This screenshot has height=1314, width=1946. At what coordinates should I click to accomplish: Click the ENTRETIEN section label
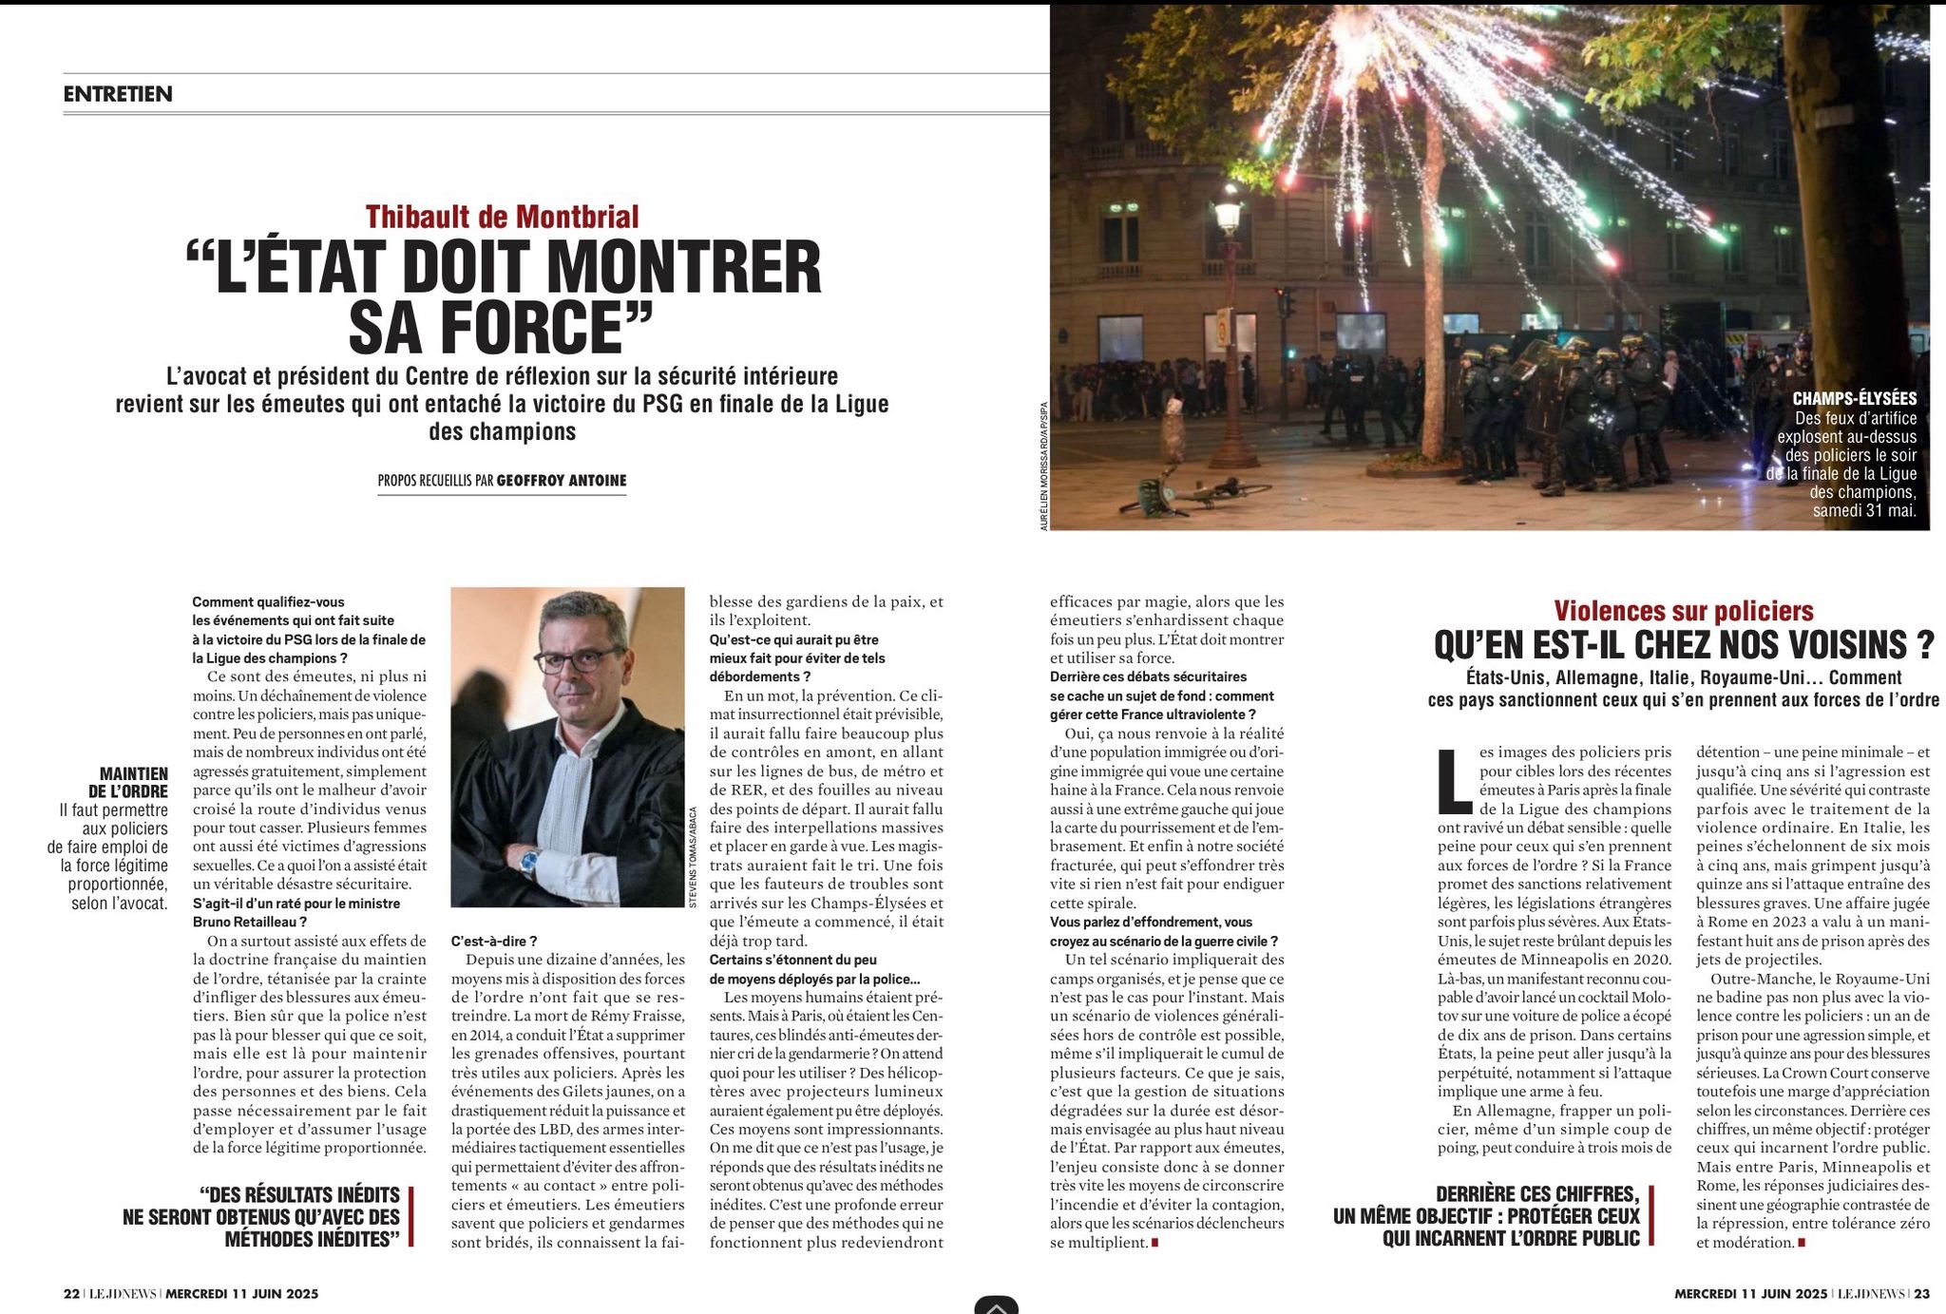[118, 94]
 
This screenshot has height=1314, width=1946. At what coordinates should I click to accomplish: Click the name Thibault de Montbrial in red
[502, 217]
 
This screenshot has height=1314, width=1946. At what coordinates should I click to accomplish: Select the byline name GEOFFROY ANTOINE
[562, 481]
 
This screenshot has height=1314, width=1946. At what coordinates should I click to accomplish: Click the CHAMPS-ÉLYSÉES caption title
[1854, 399]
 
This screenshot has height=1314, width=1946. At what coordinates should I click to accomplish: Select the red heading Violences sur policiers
[1683, 611]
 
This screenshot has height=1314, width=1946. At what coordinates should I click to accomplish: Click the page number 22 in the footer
[71, 1293]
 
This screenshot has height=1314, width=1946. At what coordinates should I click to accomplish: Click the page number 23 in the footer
[1921, 1293]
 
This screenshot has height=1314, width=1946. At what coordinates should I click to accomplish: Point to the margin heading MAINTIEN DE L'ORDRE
[133, 782]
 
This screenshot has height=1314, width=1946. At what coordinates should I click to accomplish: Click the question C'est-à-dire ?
[494, 941]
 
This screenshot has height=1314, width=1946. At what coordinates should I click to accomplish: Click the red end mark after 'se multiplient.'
[1154, 1243]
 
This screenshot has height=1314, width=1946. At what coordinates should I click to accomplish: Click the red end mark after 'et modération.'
[1801, 1243]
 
